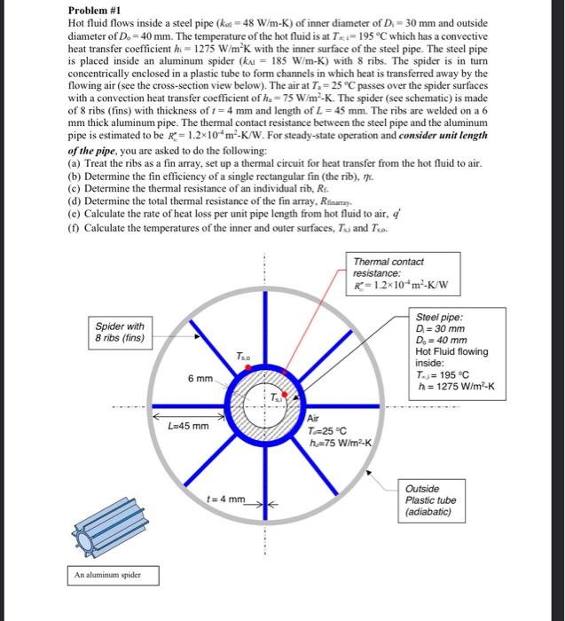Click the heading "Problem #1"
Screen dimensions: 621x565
tap(96, 11)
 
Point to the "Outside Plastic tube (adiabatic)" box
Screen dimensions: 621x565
tap(432, 501)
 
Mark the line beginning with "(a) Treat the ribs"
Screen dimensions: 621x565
tap(274, 164)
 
